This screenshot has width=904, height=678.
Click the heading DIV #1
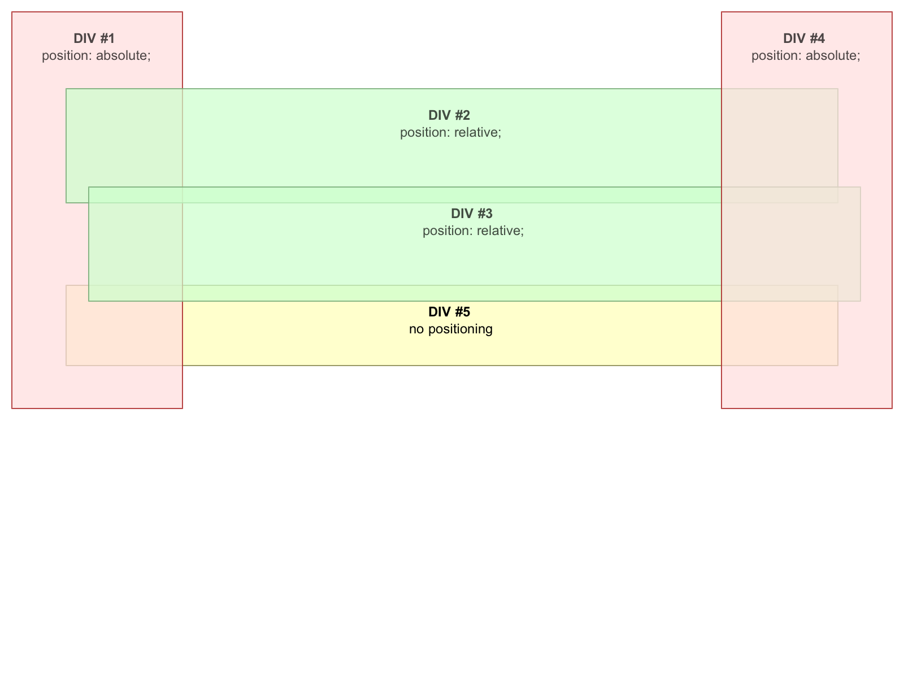click(94, 38)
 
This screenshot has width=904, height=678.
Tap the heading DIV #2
click(449, 115)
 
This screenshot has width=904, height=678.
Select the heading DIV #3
click(472, 214)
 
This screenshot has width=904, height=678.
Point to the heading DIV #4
click(803, 38)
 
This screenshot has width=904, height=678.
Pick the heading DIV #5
click(449, 312)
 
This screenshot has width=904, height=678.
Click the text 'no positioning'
click(450, 329)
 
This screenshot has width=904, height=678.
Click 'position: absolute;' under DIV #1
click(96, 55)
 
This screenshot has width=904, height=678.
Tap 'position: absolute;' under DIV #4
click(806, 55)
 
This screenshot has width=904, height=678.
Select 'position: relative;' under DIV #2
click(450, 133)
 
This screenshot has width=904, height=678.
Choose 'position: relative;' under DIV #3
click(473, 231)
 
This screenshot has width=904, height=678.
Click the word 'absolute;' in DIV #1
click(123, 55)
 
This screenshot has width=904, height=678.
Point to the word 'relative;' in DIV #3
click(500, 231)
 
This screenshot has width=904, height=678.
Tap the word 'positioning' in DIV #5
click(460, 329)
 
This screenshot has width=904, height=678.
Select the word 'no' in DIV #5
click(416, 330)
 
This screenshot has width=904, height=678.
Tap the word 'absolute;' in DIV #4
click(833, 55)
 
